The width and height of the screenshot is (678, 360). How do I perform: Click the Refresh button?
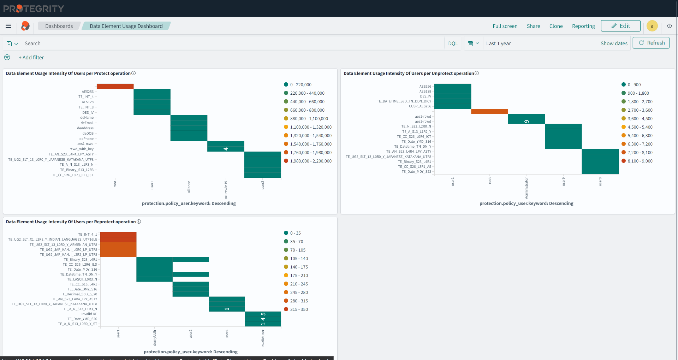click(651, 43)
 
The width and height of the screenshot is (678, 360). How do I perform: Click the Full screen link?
click(505, 26)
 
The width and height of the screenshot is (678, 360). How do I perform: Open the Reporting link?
click(583, 26)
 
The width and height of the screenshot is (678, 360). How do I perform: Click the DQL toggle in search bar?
click(453, 43)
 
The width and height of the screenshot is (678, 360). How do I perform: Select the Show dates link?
click(614, 43)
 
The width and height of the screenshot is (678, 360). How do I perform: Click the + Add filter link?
click(31, 58)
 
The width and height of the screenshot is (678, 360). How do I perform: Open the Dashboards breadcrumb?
click(59, 26)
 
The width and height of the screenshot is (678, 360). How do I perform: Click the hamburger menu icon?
click(8, 26)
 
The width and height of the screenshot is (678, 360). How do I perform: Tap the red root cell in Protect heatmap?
click(115, 86)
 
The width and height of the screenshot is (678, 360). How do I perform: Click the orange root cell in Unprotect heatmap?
click(489, 111)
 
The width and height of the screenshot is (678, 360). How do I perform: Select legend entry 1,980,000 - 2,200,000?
click(310, 161)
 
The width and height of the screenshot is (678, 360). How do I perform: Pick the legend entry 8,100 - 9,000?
click(640, 161)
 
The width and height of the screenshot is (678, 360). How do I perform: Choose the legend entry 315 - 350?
click(299, 309)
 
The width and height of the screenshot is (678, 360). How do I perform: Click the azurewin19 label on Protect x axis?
click(226, 189)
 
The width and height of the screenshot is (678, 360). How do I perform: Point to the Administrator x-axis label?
click(526, 188)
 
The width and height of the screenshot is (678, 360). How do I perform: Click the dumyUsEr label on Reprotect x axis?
click(154, 337)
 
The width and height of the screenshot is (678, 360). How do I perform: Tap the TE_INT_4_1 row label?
click(87, 235)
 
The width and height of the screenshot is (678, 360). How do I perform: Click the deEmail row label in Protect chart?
click(87, 123)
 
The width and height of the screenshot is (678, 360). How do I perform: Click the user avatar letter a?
click(652, 26)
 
